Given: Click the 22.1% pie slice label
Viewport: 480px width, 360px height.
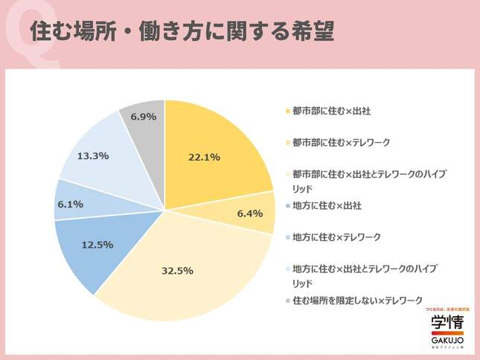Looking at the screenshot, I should [x=203, y=157].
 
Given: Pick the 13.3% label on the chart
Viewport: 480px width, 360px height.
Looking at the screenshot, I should [x=94, y=155].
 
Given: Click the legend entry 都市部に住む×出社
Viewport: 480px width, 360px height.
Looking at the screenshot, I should [x=331, y=111].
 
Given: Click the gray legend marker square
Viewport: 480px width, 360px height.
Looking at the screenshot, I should [x=287, y=300].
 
